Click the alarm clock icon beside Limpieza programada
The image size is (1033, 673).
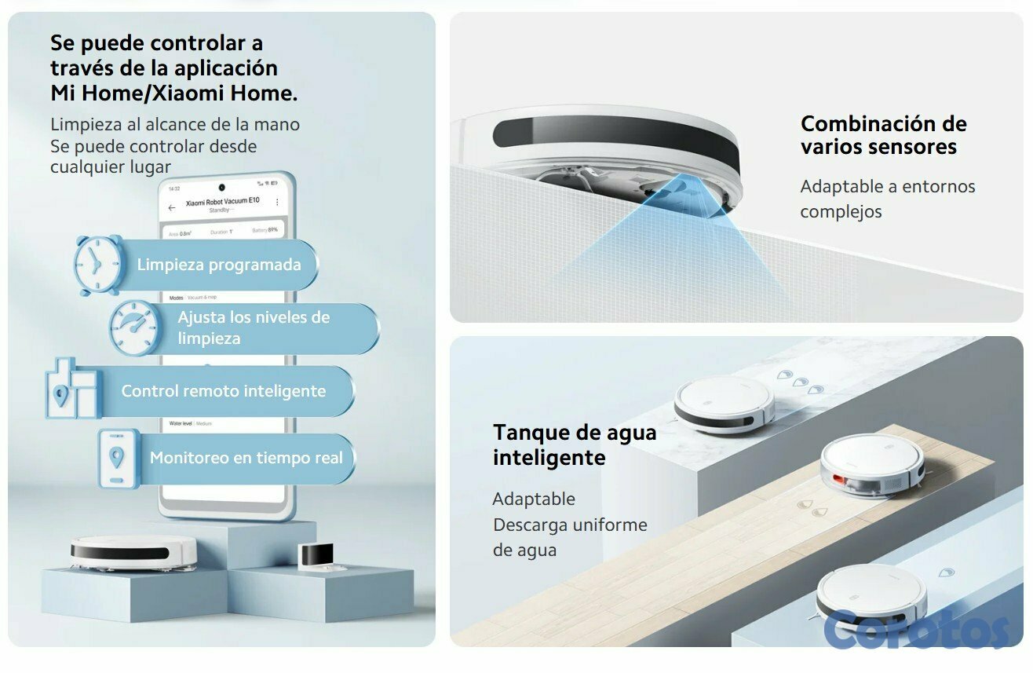coord(99,264)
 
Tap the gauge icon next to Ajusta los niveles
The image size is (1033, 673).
coord(135,327)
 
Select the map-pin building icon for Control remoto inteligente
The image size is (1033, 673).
coord(71,389)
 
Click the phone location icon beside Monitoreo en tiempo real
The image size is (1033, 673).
coord(118,458)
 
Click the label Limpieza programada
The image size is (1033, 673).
coord(219,265)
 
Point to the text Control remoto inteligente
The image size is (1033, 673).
coord(223,391)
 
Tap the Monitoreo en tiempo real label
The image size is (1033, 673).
coord(246,458)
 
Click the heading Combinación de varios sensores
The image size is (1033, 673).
coord(883,135)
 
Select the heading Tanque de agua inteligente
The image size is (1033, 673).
coord(574,444)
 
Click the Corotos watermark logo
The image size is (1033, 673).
coord(916,628)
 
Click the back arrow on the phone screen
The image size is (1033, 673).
coord(172,208)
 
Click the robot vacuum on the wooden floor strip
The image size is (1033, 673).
coord(871,466)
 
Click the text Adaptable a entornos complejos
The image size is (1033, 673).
coord(887,199)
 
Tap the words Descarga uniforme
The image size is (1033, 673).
coord(569,525)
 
